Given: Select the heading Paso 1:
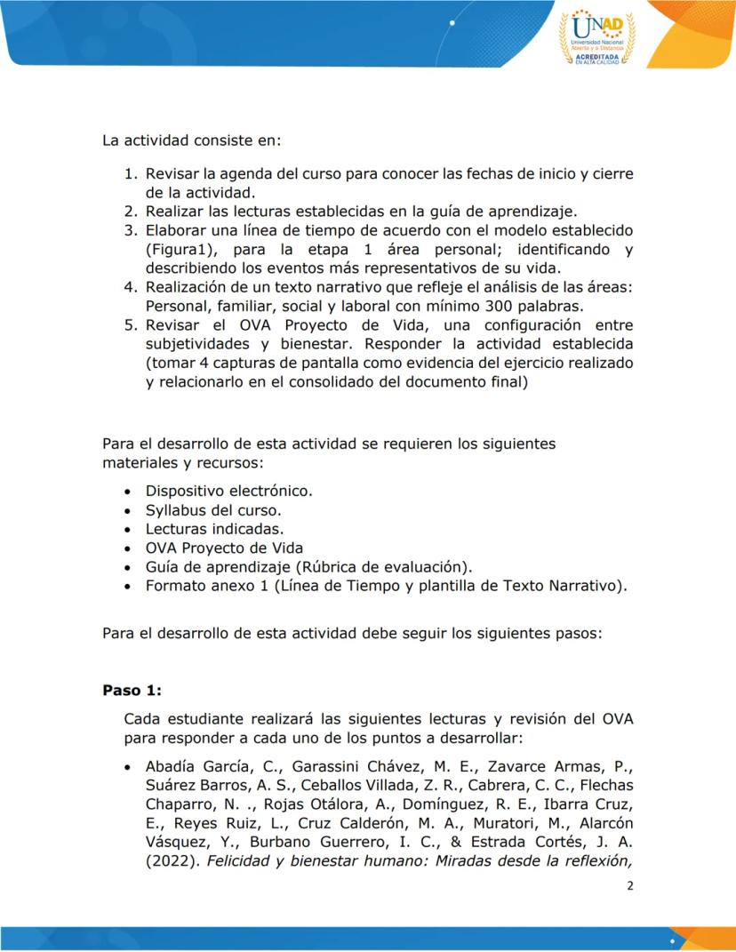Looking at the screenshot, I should click(x=130, y=691).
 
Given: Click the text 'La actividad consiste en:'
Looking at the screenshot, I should click(x=192, y=140).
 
